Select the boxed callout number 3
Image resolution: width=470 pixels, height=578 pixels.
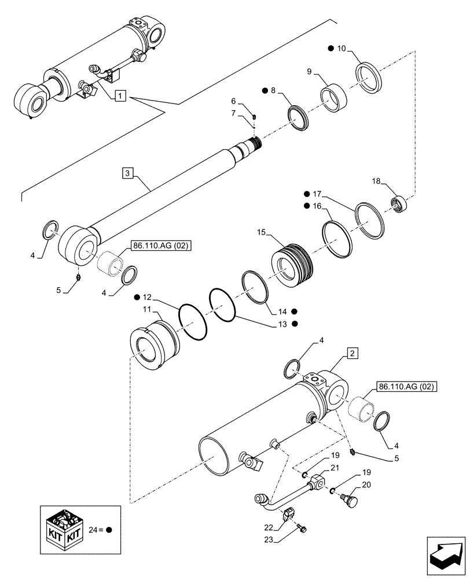[x=128, y=172]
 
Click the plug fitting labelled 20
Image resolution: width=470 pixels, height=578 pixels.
[x=351, y=498]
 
